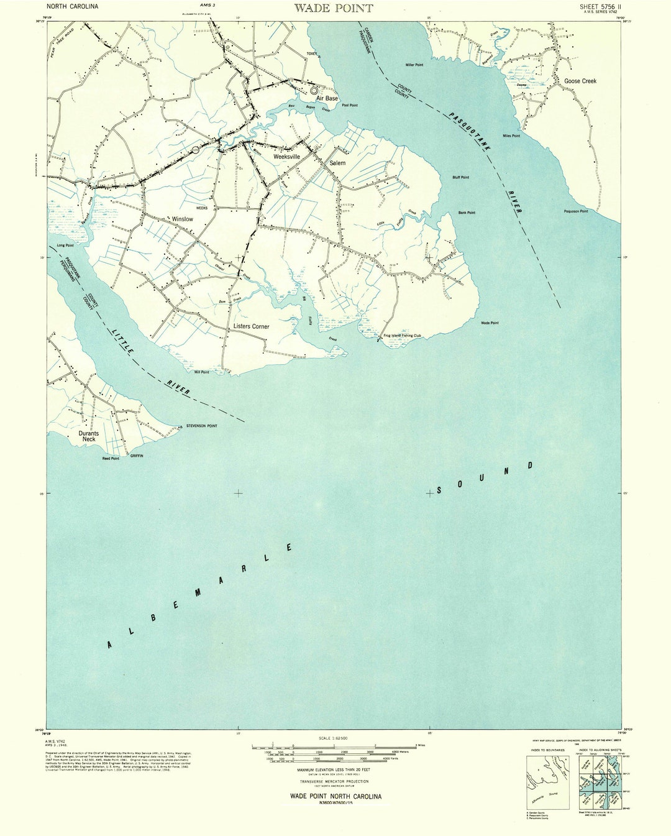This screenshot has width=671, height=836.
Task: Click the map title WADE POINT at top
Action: tap(333, 8)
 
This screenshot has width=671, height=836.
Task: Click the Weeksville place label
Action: tap(286, 157)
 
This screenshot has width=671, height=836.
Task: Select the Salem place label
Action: tap(337, 163)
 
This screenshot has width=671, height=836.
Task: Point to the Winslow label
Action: tap(183, 219)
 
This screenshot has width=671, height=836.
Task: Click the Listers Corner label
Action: tap(251, 326)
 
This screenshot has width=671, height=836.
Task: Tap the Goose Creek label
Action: tap(580, 81)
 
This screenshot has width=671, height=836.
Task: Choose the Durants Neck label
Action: tap(88, 436)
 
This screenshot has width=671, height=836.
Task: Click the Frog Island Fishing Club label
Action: tap(402, 336)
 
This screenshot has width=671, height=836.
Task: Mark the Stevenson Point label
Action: tap(201, 426)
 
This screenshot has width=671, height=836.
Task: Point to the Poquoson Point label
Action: tap(575, 211)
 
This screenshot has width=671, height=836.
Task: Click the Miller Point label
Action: tap(414, 65)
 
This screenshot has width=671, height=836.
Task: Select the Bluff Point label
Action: tap(460, 177)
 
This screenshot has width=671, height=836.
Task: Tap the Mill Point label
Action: tap(201, 372)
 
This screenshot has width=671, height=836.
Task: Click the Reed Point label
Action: tap(111, 459)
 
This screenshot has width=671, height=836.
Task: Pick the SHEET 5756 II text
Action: tap(600, 7)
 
